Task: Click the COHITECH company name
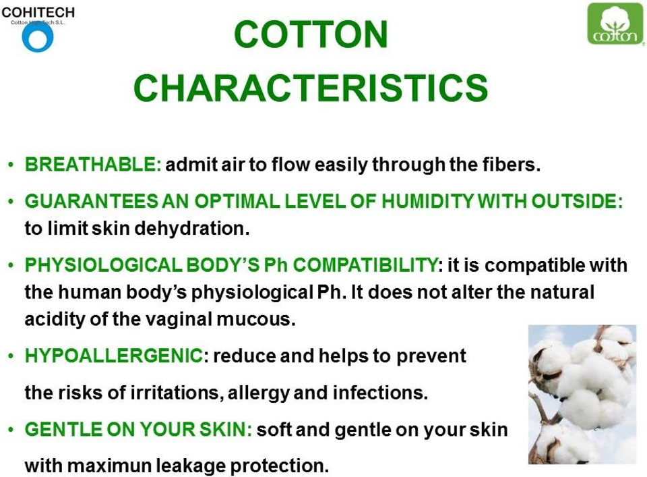tap(38, 12)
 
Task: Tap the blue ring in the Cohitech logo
tap(37, 37)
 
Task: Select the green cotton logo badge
tap(615, 24)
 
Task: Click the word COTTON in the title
tap(311, 34)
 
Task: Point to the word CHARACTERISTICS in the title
tap(311, 88)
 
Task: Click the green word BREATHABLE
tap(93, 165)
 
